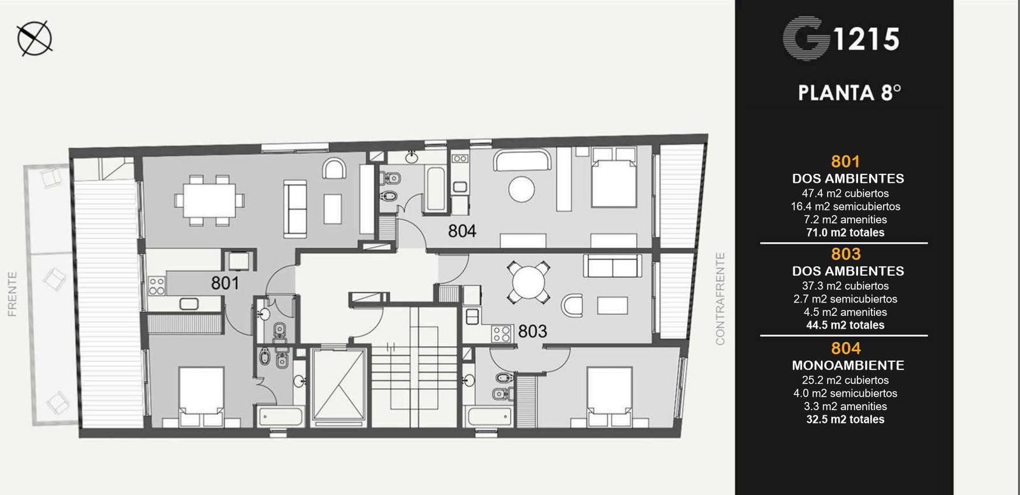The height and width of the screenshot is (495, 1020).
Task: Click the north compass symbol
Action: click(x=34, y=38)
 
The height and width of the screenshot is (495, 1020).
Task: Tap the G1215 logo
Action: click(x=841, y=39)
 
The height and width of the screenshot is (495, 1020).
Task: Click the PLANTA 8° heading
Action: click(x=849, y=92)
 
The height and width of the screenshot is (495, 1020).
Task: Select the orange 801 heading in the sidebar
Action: click(x=845, y=162)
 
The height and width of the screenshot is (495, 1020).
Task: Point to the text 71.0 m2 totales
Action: click(x=845, y=233)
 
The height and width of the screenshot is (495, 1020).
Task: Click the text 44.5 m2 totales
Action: click(x=845, y=326)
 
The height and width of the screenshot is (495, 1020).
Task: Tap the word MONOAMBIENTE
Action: click(x=848, y=365)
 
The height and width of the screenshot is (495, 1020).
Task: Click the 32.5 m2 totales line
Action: click(x=845, y=419)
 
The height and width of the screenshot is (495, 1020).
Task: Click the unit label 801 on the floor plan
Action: click(x=225, y=283)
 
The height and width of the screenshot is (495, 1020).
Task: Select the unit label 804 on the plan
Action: click(x=462, y=231)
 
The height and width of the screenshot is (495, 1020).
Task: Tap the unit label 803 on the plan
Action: click(x=532, y=331)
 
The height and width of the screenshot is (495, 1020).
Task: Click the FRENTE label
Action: click(x=12, y=294)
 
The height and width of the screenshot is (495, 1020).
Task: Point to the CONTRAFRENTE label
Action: click(x=720, y=299)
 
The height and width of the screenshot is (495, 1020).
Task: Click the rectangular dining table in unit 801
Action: click(x=210, y=201)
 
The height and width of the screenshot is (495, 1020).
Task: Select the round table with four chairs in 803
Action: click(x=528, y=282)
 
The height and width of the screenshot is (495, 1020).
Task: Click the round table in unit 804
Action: click(x=521, y=189)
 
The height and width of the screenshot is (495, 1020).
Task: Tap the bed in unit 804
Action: click(x=613, y=177)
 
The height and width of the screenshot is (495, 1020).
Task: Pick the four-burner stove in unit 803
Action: click(x=501, y=334)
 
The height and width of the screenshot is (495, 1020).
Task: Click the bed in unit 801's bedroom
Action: click(x=201, y=397)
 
